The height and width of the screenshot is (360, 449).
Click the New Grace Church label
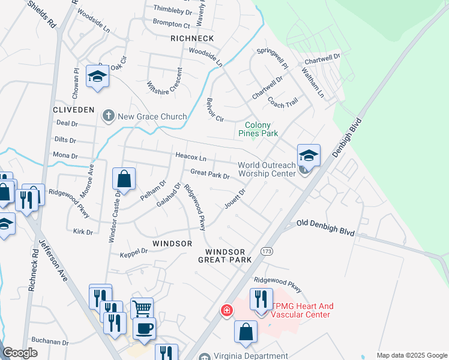[152, 116]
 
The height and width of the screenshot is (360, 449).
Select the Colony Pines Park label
[258, 129]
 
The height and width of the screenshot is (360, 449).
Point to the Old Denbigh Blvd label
[325, 229]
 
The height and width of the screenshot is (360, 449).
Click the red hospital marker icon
[226, 310]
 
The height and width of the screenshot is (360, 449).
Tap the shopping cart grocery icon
[142, 308]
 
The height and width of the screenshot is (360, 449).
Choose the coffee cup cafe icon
[144, 328]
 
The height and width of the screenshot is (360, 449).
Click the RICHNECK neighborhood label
[192, 38]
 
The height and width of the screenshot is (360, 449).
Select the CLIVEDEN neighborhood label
[74, 110]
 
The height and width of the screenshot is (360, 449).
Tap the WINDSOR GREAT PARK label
[225, 256]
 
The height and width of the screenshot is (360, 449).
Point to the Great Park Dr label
[210, 174]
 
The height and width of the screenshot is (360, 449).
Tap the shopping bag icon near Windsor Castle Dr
[124, 178]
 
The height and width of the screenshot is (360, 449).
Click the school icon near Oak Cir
[97, 76]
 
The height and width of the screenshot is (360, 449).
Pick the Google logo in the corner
[20, 353]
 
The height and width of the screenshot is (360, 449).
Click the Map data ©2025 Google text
[411, 355]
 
